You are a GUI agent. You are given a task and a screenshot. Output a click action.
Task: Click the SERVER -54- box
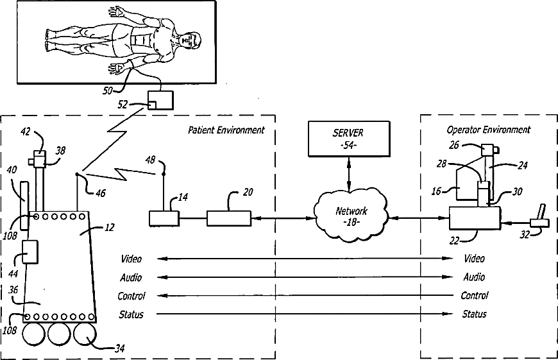(348, 139)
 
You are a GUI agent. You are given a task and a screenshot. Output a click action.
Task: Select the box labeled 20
(229, 218)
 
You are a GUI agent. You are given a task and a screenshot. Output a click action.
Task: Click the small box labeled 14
(164, 218)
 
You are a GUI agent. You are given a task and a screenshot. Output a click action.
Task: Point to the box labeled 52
(160, 101)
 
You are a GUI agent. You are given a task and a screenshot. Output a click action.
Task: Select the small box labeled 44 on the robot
(31, 251)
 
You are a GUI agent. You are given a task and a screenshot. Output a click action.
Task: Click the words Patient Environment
(226, 130)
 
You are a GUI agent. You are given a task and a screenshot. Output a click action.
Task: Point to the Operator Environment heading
(489, 130)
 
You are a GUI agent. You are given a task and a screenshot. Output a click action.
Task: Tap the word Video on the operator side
(475, 259)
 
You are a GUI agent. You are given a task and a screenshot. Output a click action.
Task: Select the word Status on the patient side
(131, 314)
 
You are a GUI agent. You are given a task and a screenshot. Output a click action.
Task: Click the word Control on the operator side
(475, 296)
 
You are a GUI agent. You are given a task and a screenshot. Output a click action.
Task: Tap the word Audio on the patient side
(131, 277)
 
